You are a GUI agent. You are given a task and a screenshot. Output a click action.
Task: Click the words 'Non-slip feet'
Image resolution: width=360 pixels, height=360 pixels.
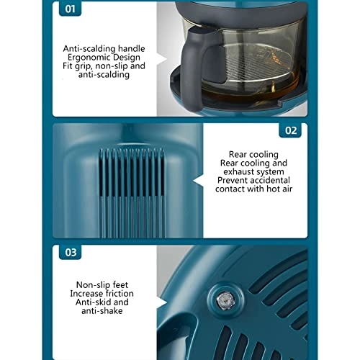[102, 285]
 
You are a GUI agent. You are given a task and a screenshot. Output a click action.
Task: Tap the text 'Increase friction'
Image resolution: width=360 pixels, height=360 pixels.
[102, 294]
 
